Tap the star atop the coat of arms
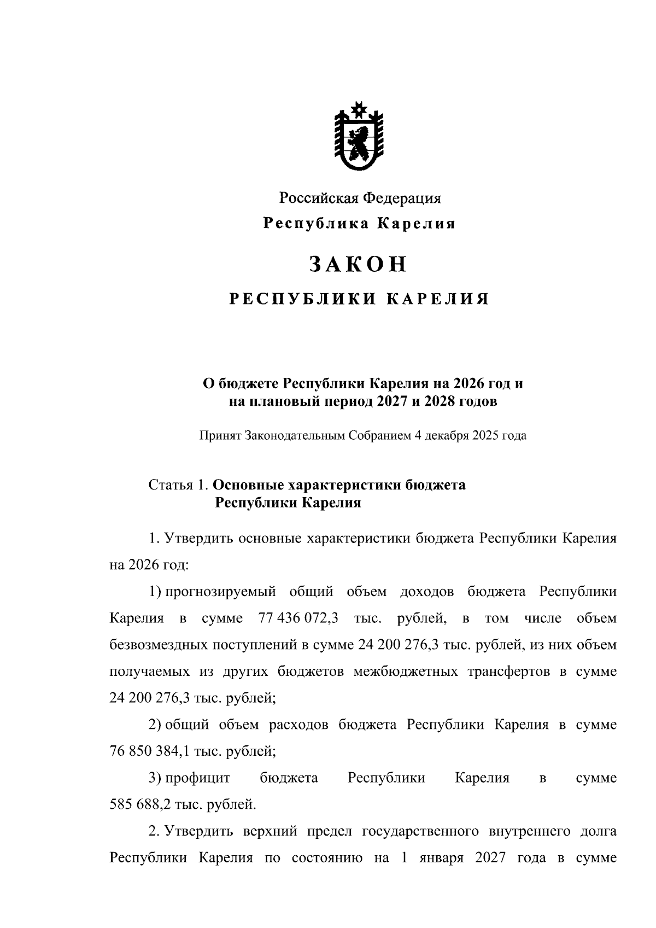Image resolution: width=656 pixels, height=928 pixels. coord(359,109)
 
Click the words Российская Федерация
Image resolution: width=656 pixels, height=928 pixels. coord(360,198)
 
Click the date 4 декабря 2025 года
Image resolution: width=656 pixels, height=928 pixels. coord(471,436)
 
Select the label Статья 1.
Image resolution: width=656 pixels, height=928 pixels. coord(178,485)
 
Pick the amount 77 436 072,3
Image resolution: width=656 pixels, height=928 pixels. coord(297,618)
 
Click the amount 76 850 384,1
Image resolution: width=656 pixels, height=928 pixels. coord(147,751)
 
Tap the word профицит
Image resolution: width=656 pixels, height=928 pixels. coord(198,778)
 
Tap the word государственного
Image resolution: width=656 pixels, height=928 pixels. coord(417,831)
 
